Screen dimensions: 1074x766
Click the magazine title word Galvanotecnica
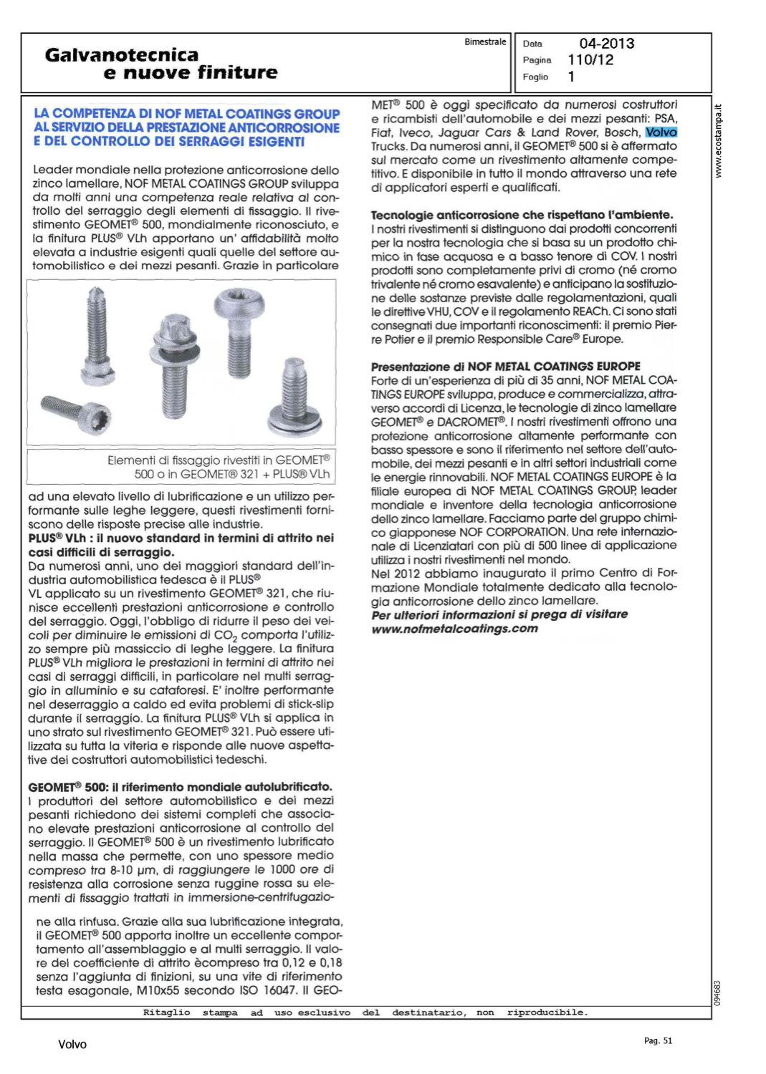point(121,54)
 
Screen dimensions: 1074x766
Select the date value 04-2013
point(606,44)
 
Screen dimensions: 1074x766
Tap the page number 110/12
point(590,60)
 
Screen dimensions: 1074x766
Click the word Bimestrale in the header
point(485,42)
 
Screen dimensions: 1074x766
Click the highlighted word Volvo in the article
point(661,132)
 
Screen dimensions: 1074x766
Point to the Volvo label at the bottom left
point(72,1045)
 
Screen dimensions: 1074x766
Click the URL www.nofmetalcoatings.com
point(454,629)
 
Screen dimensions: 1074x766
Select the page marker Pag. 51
point(658,1040)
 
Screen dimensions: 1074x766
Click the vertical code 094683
point(719,992)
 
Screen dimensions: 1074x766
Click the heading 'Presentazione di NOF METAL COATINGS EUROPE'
point(505,366)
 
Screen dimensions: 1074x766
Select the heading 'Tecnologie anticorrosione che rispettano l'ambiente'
point(522,215)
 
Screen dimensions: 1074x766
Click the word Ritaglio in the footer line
point(166,1012)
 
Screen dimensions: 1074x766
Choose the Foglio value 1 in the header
point(571,77)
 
